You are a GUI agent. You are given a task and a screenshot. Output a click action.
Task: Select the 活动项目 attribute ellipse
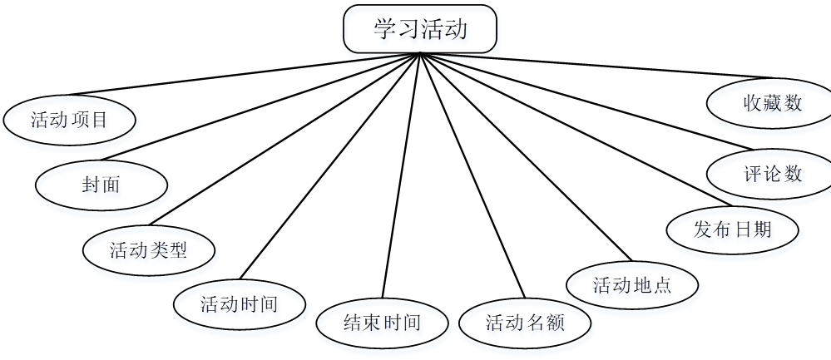[x=70, y=120]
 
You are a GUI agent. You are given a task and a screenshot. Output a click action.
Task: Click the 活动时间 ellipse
[x=240, y=303]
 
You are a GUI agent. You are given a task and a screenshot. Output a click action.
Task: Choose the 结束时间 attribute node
[x=382, y=322]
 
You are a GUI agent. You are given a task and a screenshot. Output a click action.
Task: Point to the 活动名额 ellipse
[x=526, y=322]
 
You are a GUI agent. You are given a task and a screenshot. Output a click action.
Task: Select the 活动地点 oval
[x=632, y=285]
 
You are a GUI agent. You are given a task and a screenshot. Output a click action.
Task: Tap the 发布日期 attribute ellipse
[x=733, y=228]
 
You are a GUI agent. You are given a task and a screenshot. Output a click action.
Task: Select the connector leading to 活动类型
[x=283, y=141]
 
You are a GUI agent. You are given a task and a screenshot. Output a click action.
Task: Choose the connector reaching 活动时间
[x=329, y=166]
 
